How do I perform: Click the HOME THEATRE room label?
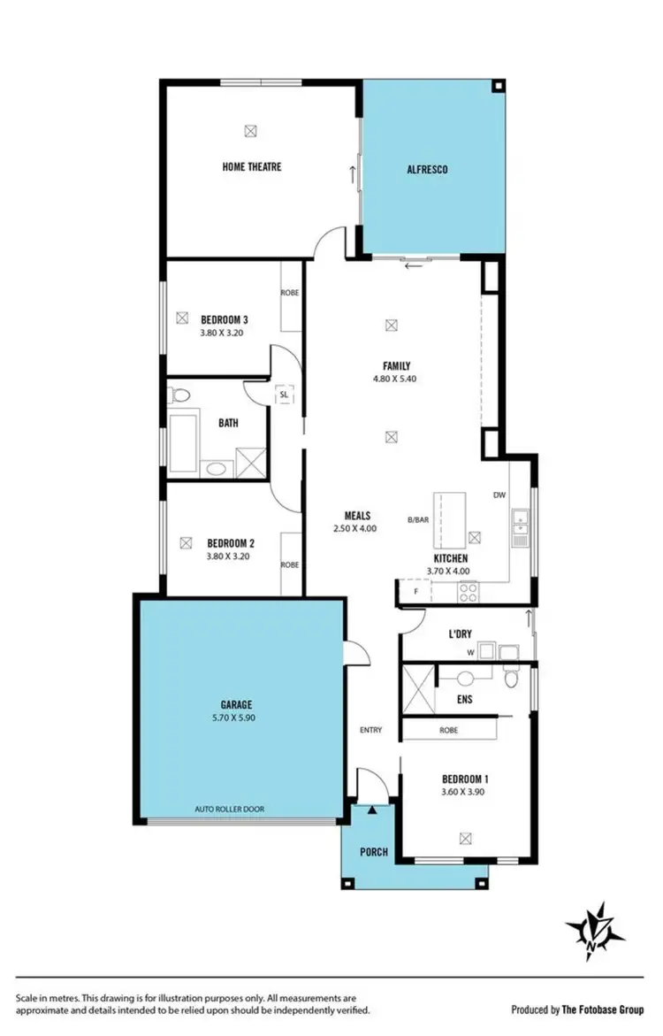click(252, 166)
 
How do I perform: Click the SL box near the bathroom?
click(284, 396)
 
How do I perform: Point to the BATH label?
click(228, 423)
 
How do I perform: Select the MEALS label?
click(356, 515)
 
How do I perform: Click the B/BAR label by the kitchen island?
click(418, 520)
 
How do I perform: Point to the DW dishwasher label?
click(499, 495)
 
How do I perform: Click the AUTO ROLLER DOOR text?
click(229, 809)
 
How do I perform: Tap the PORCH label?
click(374, 853)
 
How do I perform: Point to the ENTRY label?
click(370, 730)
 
